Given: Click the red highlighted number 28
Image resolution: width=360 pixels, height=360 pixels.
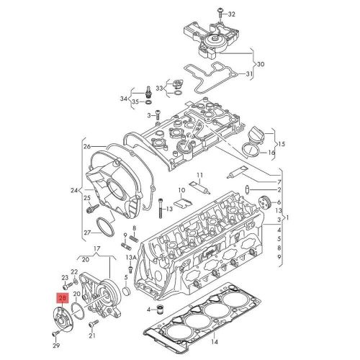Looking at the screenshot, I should (x=63, y=296).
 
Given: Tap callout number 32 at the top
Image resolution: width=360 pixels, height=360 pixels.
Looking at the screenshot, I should (x=232, y=14).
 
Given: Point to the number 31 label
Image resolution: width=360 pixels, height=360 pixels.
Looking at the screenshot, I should (x=250, y=74).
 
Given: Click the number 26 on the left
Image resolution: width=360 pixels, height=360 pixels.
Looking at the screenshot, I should (x=87, y=147).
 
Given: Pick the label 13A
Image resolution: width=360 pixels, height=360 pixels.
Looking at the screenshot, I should (x=130, y=258).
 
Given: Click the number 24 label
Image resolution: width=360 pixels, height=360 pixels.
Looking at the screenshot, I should (x=76, y=191).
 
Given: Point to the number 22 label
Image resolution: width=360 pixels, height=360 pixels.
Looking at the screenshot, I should (x=74, y=271).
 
